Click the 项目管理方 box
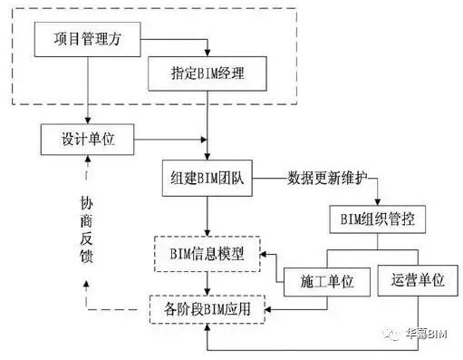[88, 40]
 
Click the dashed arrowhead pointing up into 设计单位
[88, 161]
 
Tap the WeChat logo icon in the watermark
[391, 333]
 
